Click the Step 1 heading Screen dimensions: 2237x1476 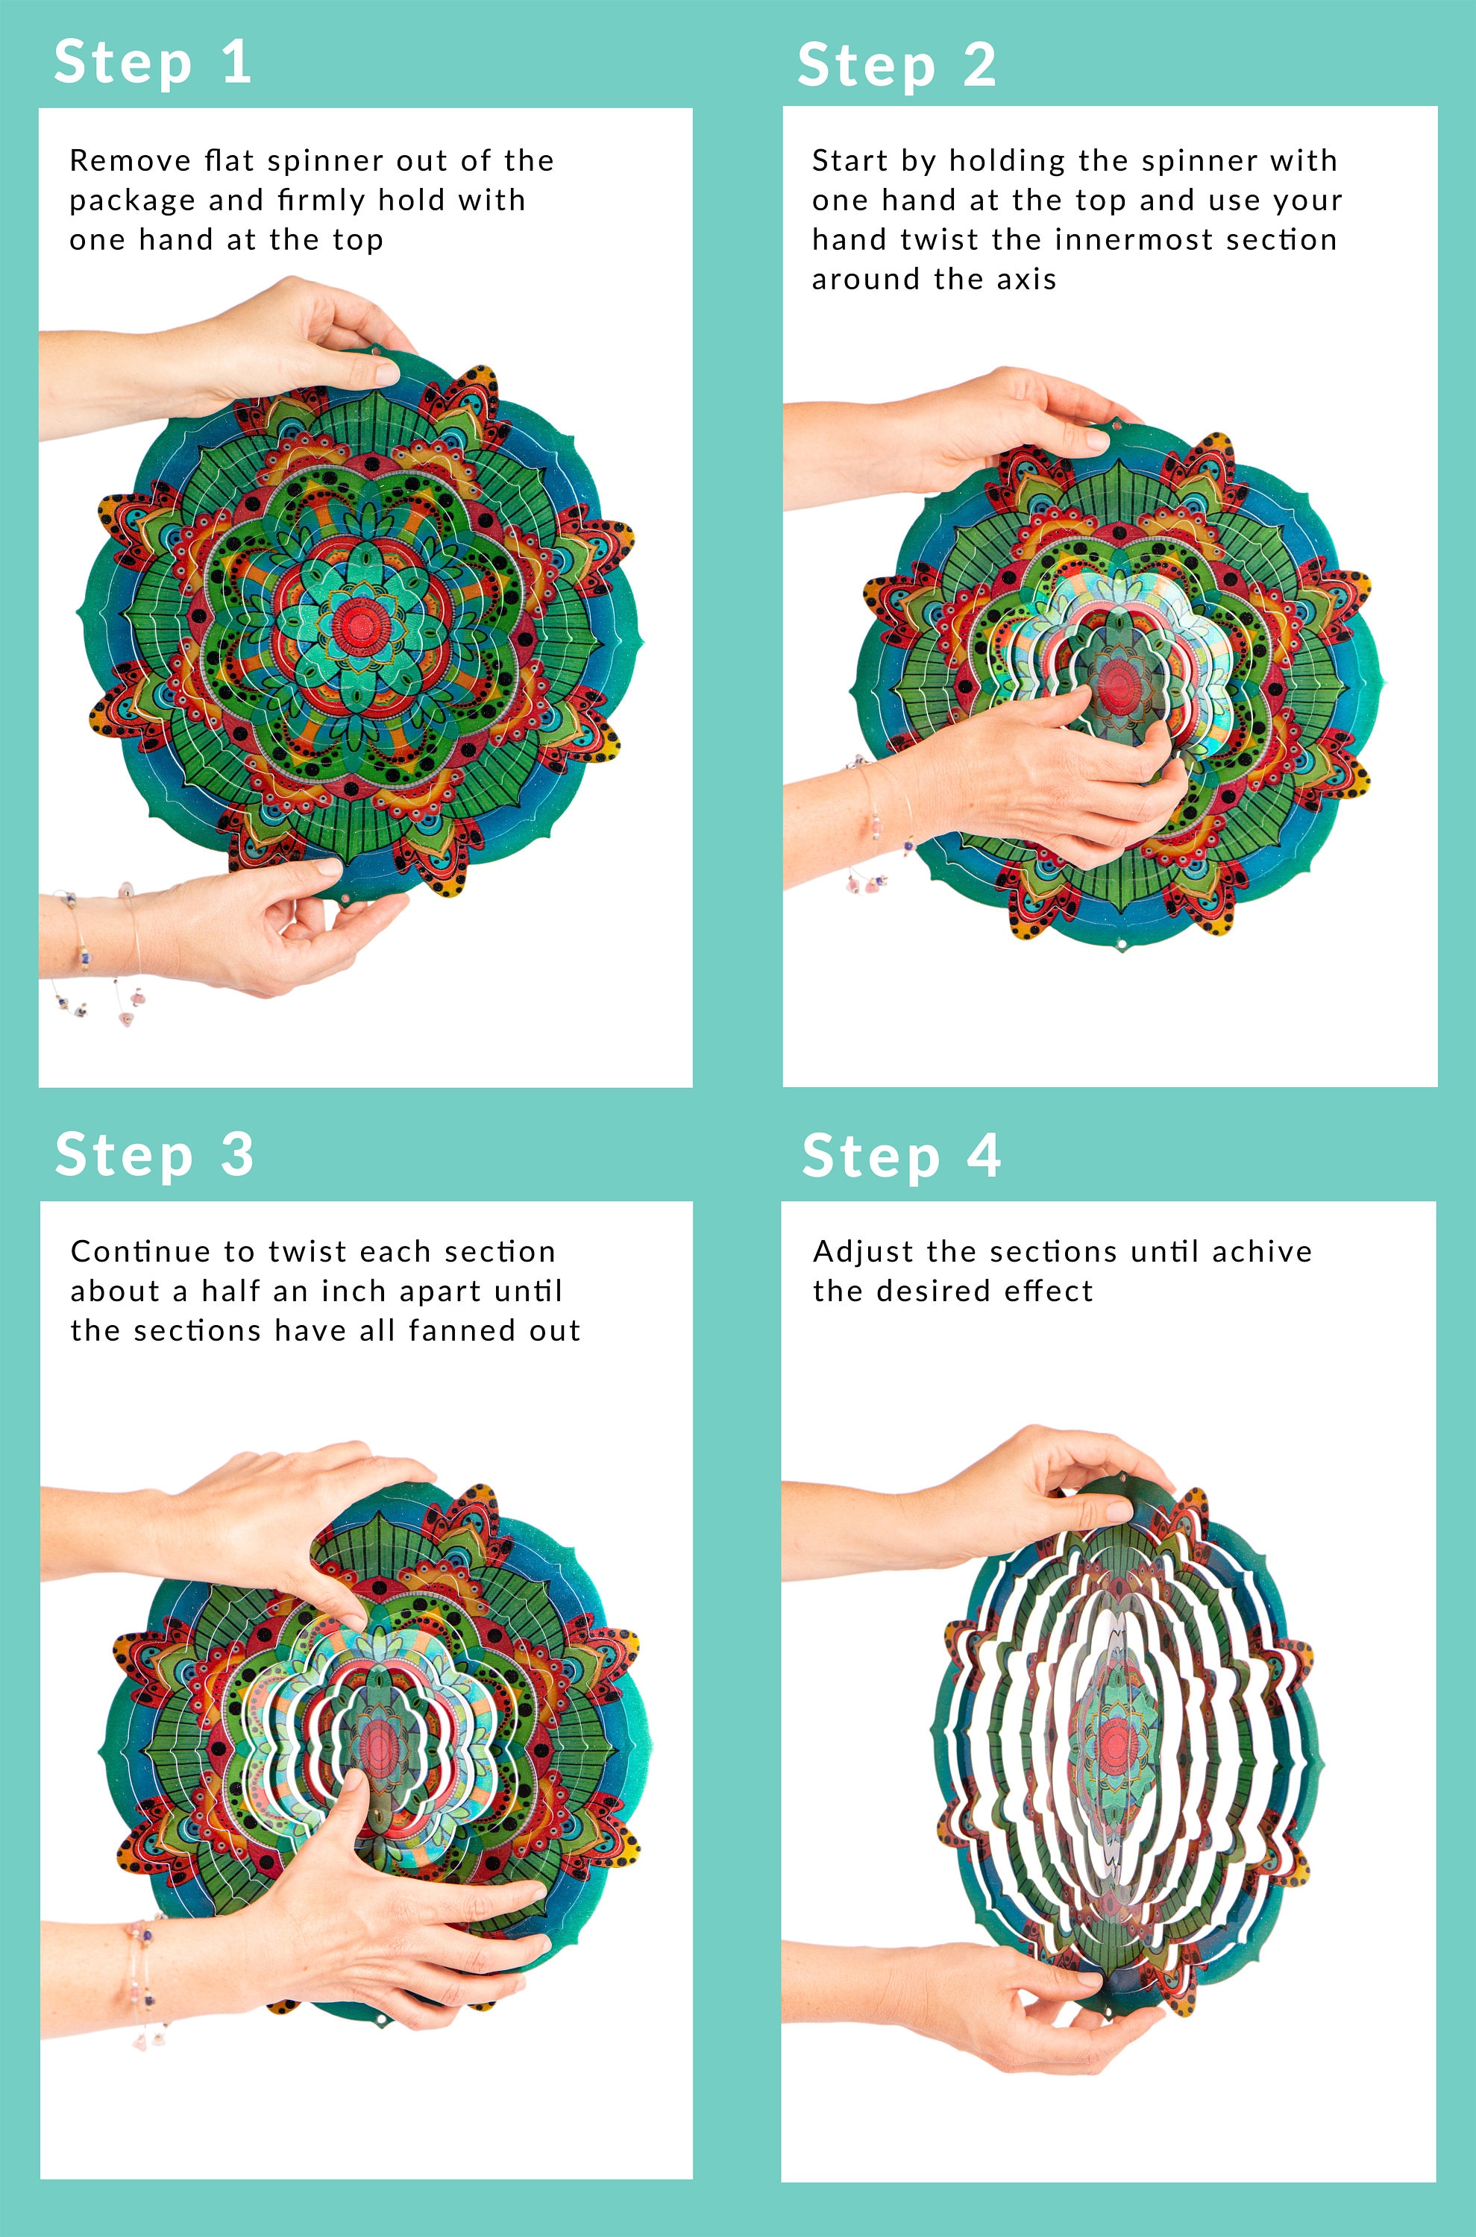[x=152, y=63]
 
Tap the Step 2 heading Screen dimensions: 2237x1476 [x=896, y=66]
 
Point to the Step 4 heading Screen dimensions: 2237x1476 [x=901, y=1156]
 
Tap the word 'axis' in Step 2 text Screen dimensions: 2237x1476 [x=1028, y=280]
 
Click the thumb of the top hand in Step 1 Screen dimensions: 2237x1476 [x=372, y=372]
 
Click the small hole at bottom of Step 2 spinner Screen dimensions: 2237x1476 [x=1120, y=944]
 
